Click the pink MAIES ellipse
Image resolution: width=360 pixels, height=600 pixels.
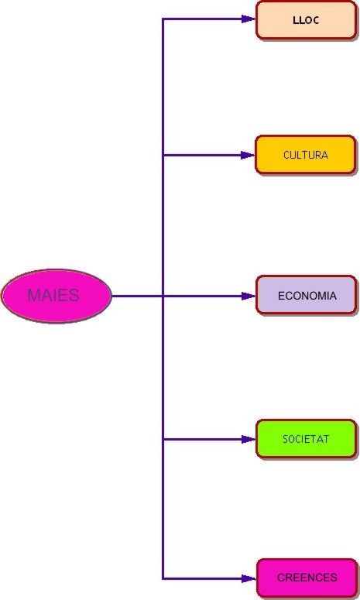pyautogui.click(x=57, y=296)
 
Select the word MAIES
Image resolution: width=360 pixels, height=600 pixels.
pyautogui.click(x=53, y=295)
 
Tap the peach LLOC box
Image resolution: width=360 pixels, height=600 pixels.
pyautogui.click(x=307, y=20)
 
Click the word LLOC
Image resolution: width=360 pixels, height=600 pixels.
pyautogui.click(x=306, y=20)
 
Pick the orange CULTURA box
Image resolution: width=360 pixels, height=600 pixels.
pyautogui.click(x=306, y=155)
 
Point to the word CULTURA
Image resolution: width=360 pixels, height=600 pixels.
pyautogui.click(x=306, y=155)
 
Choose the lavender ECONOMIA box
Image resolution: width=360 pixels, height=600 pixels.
pyautogui.click(x=307, y=296)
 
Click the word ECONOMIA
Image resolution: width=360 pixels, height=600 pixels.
pyautogui.click(x=307, y=296)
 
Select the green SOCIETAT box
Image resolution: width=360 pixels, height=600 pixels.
pyautogui.click(x=307, y=439)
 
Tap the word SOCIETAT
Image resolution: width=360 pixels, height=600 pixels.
pyautogui.click(x=306, y=439)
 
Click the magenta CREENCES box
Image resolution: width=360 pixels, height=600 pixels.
pyautogui.click(x=307, y=578)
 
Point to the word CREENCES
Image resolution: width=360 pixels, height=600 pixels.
pyautogui.click(x=307, y=578)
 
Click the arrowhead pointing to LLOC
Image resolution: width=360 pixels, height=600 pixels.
pyautogui.click(x=249, y=19)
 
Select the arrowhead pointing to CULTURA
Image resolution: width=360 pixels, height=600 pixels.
pyautogui.click(x=248, y=155)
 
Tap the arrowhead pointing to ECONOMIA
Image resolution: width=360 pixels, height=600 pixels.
pyautogui.click(x=249, y=296)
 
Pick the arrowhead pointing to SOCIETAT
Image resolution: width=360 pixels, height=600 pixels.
pyautogui.click(x=249, y=439)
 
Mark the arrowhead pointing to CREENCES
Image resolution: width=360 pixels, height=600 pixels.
pyautogui.click(x=249, y=578)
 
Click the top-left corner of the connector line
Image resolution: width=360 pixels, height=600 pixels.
pyautogui.click(x=163, y=19)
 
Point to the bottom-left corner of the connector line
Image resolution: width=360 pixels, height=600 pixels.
pyautogui.click(x=163, y=578)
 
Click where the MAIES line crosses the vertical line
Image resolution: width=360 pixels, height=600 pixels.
pyautogui.click(x=163, y=296)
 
